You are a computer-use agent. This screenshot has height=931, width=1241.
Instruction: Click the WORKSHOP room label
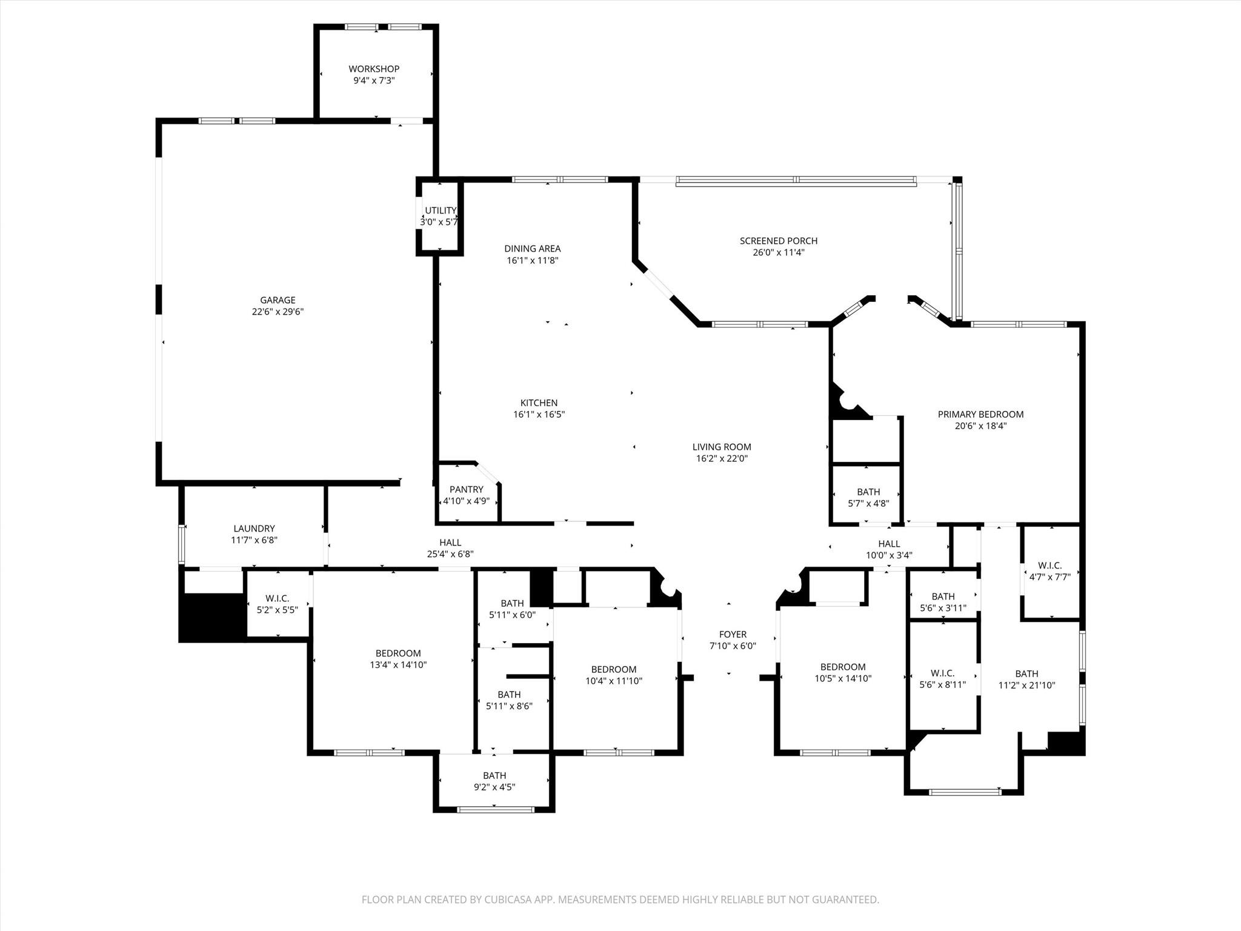pos(373,69)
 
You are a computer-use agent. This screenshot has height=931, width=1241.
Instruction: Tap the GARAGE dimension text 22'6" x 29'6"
pos(278,312)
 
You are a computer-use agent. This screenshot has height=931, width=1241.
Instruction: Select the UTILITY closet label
pos(440,210)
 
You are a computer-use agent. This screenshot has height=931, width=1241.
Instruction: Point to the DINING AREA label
pos(532,249)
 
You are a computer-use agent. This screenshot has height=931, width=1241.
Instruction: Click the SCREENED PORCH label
pos(778,241)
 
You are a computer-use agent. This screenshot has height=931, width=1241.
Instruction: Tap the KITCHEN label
pos(539,402)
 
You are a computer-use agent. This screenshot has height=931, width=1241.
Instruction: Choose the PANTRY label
pos(466,490)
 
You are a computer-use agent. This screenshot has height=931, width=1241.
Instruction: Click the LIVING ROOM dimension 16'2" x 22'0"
pos(721,459)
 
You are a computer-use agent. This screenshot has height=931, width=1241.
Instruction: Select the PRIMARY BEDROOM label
pos(980,415)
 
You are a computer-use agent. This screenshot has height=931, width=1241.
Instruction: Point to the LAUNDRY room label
pos(254,529)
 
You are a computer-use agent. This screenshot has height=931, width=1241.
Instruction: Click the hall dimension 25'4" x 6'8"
pos(450,554)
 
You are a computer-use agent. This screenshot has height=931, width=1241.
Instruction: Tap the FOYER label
pos(733,635)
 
